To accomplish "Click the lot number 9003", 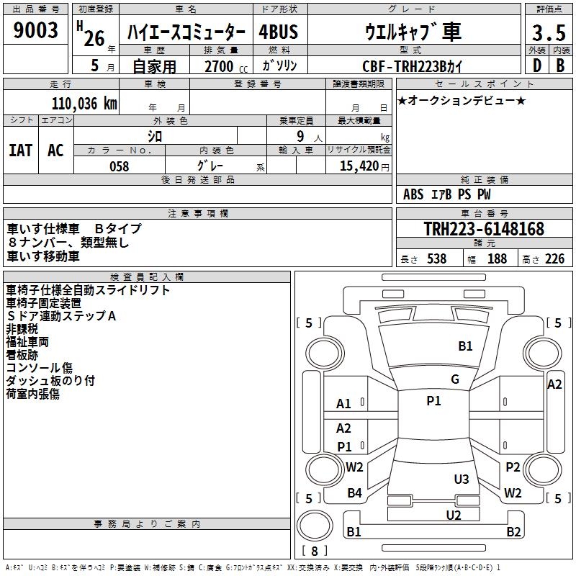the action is pos(35,30).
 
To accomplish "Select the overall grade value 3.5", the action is pos(547,33).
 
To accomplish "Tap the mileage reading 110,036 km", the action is pos(84,103).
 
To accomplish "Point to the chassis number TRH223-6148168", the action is pos(484,229).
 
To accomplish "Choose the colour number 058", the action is pos(119,166).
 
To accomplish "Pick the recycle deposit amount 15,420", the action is pos(358,166).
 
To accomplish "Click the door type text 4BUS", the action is pos(279,32).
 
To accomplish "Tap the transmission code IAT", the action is pos(20,150).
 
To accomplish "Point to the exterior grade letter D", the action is pos(536,66).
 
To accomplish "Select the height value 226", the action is pos(554,259).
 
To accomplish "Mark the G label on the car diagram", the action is pos(455,379).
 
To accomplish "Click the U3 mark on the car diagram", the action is pos(462,479).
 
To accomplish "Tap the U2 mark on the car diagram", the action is pos(454,515).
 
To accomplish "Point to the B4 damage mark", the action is pos(354,493).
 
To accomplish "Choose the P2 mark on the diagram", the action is pos(513,467).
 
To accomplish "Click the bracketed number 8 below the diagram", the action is pos(314,552).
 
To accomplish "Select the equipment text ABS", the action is pos(413,194).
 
